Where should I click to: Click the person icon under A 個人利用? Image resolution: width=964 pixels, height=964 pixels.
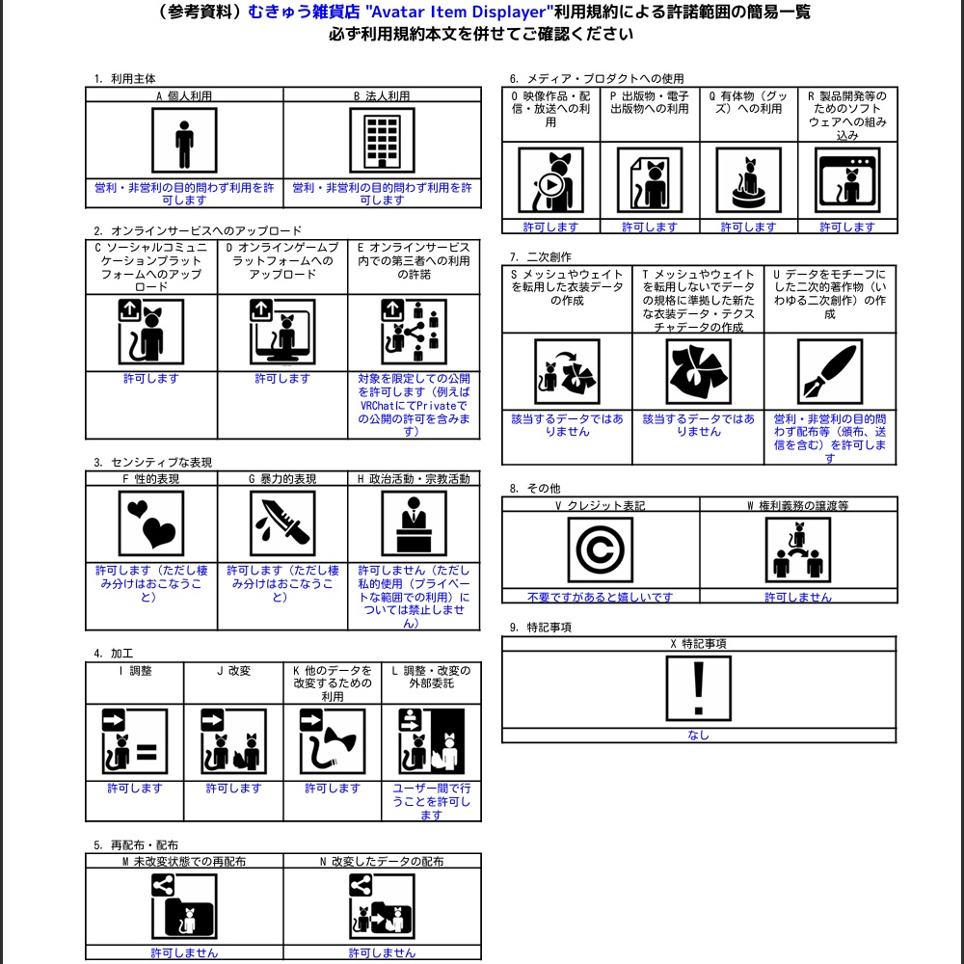pos(184,141)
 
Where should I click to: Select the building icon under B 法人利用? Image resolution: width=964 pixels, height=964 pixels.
pos(382,141)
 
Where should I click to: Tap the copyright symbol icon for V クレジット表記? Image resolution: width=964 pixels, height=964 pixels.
pos(601,550)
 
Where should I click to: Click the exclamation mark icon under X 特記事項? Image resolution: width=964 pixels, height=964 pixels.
pos(699,688)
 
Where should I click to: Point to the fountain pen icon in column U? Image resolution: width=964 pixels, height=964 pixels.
pos(829,372)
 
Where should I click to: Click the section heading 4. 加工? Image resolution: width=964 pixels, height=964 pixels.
pos(113,654)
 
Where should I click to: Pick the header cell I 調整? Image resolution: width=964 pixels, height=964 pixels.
pos(134,671)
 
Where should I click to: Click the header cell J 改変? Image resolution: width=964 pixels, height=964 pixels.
pos(233,671)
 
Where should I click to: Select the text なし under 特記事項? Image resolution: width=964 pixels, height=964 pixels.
pos(699,735)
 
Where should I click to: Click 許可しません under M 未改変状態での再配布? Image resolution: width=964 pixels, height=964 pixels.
pos(184,952)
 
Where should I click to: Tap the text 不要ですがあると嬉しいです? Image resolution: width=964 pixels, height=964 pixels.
pos(601,597)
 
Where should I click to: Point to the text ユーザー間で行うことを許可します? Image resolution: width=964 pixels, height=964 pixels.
pos(431,801)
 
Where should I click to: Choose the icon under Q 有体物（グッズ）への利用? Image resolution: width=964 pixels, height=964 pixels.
pos(748,180)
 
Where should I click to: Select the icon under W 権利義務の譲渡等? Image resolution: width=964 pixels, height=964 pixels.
pos(798,550)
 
